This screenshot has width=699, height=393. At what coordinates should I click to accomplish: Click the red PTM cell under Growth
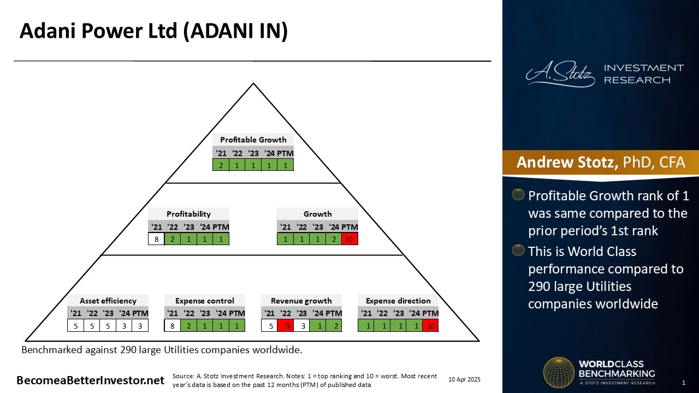click(349, 239)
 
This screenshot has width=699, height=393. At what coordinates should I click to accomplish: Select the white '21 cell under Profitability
click(156, 239)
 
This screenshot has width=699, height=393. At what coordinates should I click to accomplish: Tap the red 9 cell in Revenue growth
click(285, 326)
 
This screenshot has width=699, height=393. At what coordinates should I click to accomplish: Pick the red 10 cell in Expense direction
click(431, 326)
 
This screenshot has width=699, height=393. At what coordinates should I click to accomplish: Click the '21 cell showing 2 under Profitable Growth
click(221, 165)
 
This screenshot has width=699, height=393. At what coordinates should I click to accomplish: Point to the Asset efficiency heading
click(108, 301)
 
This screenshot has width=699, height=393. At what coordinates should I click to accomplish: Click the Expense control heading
click(205, 301)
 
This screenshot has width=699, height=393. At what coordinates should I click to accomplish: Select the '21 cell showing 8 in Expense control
click(172, 326)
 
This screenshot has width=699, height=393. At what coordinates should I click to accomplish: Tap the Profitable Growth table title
click(253, 140)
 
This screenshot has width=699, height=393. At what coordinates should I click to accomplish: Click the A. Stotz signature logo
click(560, 74)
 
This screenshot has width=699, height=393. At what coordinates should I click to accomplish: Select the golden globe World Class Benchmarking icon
click(559, 372)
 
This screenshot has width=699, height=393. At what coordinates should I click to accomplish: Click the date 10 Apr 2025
click(464, 379)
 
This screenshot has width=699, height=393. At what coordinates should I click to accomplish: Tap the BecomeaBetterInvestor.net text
click(90, 380)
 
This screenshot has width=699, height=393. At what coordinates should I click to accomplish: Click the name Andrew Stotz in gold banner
click(567, 162)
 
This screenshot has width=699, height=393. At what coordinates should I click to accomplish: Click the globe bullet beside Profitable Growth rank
click(518, 195)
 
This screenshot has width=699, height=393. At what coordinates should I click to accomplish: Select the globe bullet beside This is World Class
click(518, 250)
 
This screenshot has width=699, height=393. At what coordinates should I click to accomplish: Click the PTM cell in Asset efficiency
click(140, 326)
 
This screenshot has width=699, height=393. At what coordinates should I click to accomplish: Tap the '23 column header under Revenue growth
click(301, 313)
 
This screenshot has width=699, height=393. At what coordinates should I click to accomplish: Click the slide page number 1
click(684, 383)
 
